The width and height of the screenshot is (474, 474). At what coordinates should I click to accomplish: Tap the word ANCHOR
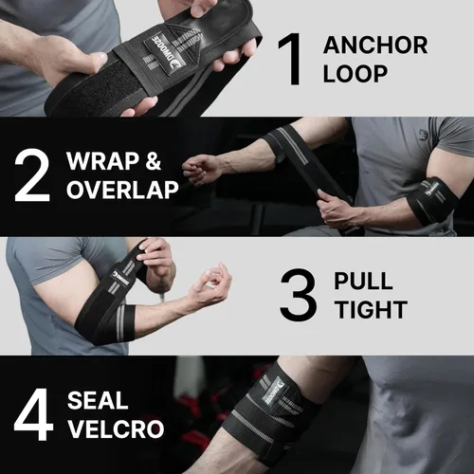click(375, 45)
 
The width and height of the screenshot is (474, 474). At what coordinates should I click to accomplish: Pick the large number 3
click(298, 296)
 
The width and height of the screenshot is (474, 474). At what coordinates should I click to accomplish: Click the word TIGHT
click(370, 310)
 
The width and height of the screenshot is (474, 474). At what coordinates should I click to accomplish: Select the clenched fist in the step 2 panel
click(201, 170)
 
